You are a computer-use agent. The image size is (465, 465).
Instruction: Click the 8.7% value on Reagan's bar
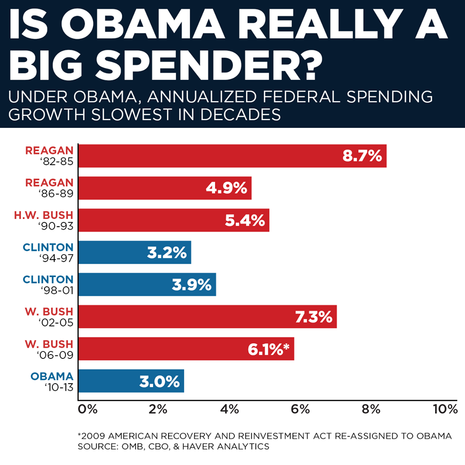[x=362, y=155]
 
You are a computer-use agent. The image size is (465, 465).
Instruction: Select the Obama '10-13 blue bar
[x=131, y=381]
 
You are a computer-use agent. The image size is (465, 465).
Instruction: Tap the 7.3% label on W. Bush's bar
[x=314, y=317]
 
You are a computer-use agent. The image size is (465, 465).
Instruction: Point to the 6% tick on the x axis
[x=300, y=409]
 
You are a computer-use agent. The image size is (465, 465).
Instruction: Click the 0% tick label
[x=88, y=409]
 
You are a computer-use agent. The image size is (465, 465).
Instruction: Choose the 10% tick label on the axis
[x=445, y=409]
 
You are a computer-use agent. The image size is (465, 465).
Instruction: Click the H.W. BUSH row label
[x=43, y=215]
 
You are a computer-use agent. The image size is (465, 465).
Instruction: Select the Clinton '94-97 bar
[x=135, y=252]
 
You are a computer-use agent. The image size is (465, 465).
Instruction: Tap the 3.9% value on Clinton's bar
[x=192, y=285]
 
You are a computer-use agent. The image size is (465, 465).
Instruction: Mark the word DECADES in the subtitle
[x=241, y=114]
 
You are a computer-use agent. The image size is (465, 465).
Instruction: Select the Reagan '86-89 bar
[x=165, y=188]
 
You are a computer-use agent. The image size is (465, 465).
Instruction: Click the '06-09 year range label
[x=55, y=355]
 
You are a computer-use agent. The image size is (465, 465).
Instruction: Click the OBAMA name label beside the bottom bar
[x=52, y=376]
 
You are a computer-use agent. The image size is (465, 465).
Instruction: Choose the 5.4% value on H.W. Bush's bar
[x=245, y=220]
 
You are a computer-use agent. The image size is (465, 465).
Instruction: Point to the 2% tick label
[x=158, y=409]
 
